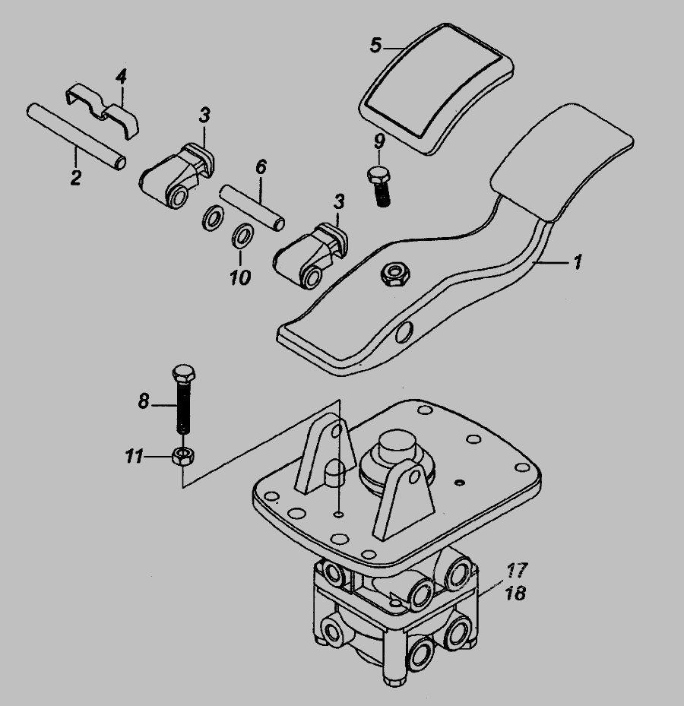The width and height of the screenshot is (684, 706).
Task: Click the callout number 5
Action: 376,45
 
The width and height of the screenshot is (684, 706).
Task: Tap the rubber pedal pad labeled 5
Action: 436,89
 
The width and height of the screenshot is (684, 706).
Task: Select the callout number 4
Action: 121,76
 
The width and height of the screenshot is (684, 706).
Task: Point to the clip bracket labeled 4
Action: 103,110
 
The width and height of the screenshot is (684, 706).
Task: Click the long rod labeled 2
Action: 76,137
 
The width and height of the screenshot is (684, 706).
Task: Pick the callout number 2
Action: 76,177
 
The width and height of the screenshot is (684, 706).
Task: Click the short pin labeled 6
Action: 252,208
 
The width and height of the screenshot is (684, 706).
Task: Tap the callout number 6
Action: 261,166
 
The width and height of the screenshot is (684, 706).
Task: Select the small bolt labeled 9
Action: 378,186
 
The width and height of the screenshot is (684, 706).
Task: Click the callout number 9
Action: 379,142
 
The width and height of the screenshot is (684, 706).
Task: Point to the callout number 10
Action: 240,277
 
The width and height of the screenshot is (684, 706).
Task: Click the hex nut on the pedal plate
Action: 395,274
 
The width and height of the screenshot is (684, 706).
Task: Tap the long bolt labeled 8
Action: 183,399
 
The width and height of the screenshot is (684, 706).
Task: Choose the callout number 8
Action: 143,400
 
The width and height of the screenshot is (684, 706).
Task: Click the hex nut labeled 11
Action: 183,457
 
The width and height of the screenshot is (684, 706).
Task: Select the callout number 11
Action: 134,457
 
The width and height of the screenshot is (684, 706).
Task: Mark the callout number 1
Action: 578,261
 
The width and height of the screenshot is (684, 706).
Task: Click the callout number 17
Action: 516,571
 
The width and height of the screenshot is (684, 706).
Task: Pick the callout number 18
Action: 516,593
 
